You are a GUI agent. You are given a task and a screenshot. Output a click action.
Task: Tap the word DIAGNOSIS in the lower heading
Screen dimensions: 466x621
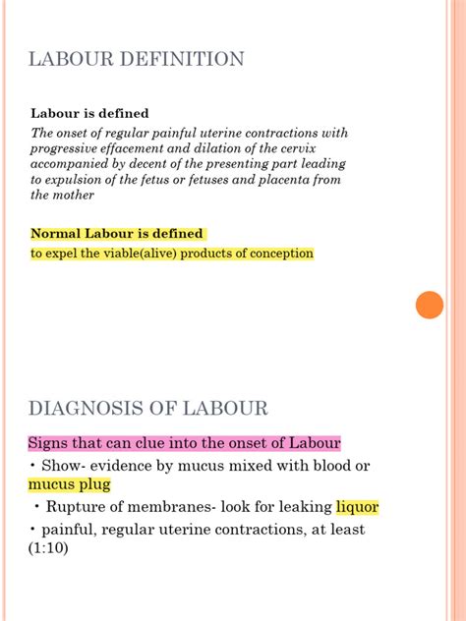pyautogui.click(x=82, y=408)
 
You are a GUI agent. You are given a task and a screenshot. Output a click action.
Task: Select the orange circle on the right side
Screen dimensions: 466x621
pyautogui.click(x=430, y=305)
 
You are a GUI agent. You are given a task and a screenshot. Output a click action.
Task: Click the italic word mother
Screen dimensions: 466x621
pyautogui.click(x=76, y=195)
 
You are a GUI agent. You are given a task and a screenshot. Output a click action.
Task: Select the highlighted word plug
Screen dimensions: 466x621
pyautogui.click(x=93, y=484)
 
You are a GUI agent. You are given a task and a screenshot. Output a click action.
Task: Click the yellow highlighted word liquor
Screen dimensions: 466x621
pyautogui.click(x=357, y=507)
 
